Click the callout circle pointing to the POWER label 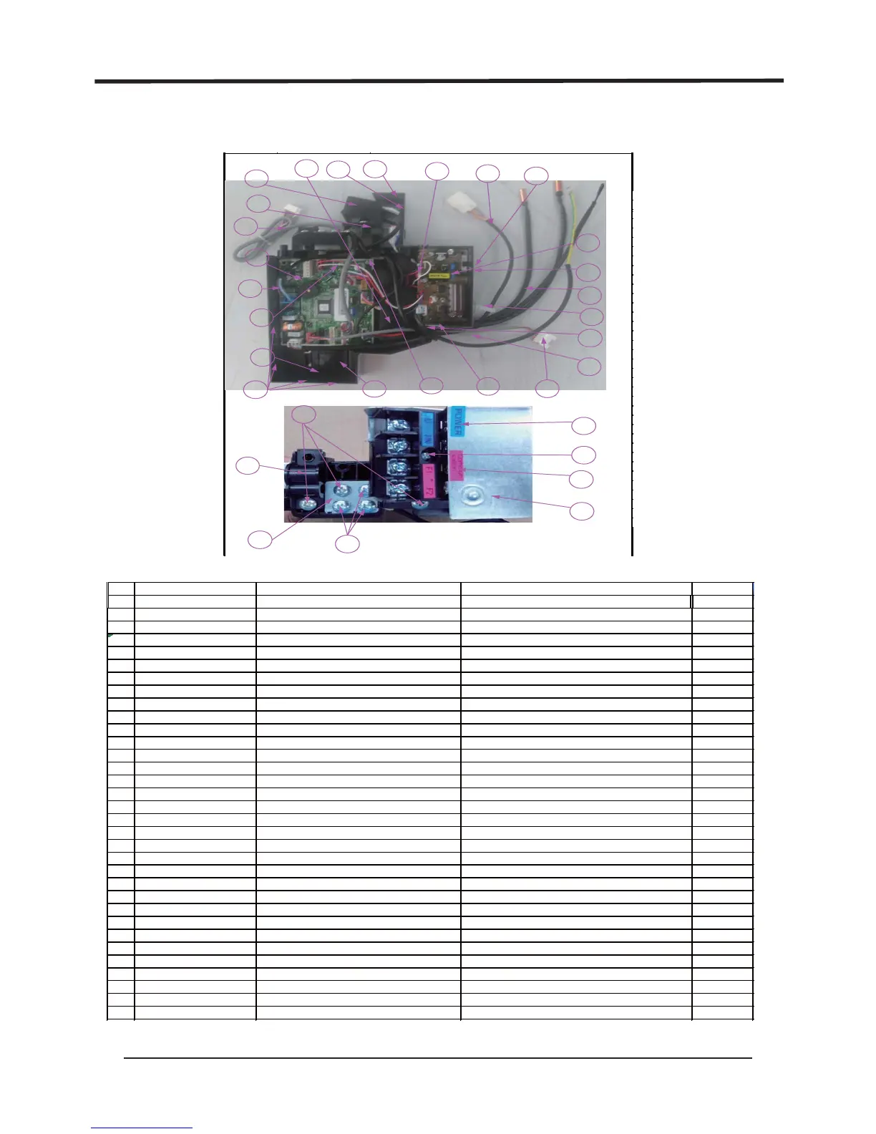[585, 425]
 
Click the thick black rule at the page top [439, 82]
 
